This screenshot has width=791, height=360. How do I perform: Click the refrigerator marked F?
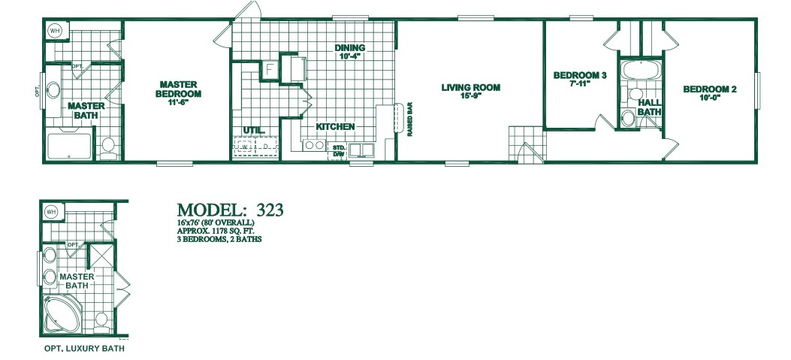point(270,70)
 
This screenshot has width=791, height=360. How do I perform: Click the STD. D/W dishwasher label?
point(339,151)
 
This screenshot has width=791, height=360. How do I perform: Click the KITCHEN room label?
point(335,127)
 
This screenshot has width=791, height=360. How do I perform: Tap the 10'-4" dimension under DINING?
point(349,56)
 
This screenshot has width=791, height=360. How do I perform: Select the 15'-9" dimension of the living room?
point(470,96)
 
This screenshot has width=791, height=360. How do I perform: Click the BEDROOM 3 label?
point(580,75)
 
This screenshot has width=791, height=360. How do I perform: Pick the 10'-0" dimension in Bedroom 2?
point(709,98)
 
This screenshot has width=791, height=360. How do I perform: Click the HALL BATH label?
point(649,107)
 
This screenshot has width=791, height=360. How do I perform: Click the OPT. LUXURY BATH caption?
point(83,349)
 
